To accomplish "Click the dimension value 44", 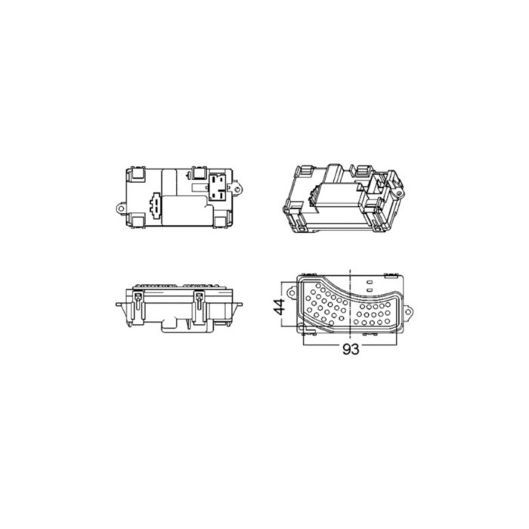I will pos(279,306).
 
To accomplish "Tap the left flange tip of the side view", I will pos(118,305).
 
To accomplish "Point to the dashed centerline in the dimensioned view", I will pos(352,299).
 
